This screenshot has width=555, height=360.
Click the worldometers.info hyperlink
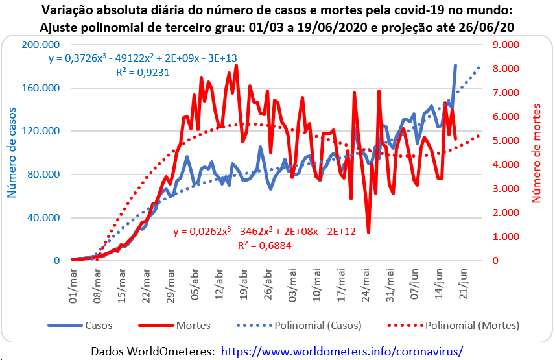[342, 351]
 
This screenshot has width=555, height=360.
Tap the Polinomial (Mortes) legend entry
[477, 324]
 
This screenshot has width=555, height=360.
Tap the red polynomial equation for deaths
[265, 231]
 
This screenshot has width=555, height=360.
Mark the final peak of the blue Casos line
[455, 65]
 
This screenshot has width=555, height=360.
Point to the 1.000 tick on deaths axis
[498, 237]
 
